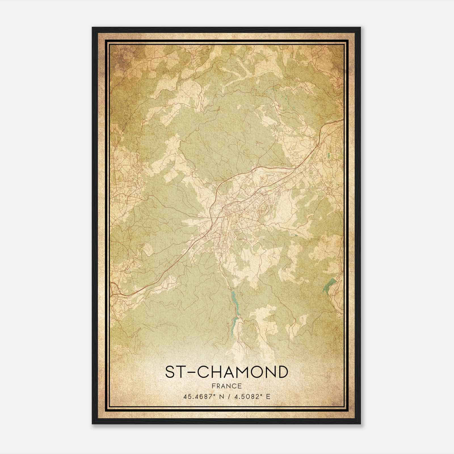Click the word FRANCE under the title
tap(226, 386)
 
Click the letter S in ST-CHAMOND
tap(171, 372)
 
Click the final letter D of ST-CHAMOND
tap(282, 372)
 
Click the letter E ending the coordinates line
tap(268, 396)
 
